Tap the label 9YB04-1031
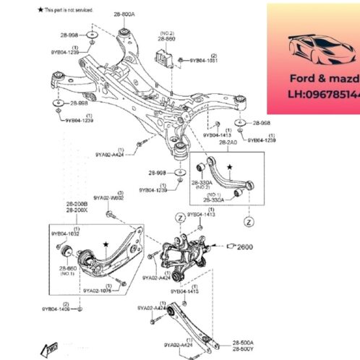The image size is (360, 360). [204, 61]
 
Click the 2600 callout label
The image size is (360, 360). [246, 247]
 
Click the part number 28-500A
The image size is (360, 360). [243, 342]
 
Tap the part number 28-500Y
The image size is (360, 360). [243, 349]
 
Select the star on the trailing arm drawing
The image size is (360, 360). [106, 246]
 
